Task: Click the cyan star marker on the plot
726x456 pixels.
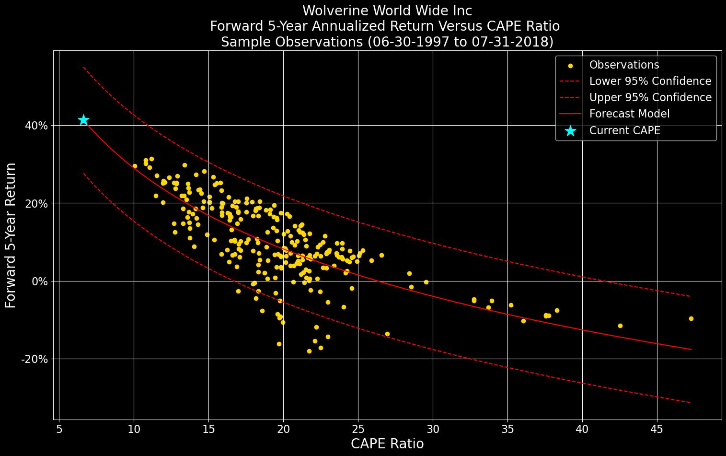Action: click(83, 120)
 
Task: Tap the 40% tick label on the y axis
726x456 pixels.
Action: click(36, 126)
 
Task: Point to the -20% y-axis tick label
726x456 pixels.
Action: click(35, 359)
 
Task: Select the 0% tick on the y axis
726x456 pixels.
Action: click(39, 281)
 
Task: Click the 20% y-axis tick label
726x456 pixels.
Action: click(36, 203)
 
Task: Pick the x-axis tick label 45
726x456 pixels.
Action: click(657, 429)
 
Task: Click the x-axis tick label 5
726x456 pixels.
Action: click(59, 429)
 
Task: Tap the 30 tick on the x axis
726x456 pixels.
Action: click(433, 429)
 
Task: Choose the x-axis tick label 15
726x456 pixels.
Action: click(208, 429)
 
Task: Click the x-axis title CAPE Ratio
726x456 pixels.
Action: click(387, 444)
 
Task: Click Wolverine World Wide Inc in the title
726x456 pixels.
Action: click(387, 11)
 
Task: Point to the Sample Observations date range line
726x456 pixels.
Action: click(387, 42)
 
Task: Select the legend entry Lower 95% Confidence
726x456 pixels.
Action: click(650, 81)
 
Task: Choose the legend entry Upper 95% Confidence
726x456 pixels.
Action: click(650, 97)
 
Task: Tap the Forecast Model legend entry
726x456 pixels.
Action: click(629, 114)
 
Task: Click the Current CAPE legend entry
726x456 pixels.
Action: click(624, 130)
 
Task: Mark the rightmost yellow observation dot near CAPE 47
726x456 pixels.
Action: click(691, 318)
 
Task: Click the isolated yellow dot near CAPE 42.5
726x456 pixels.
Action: click(620, 326)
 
